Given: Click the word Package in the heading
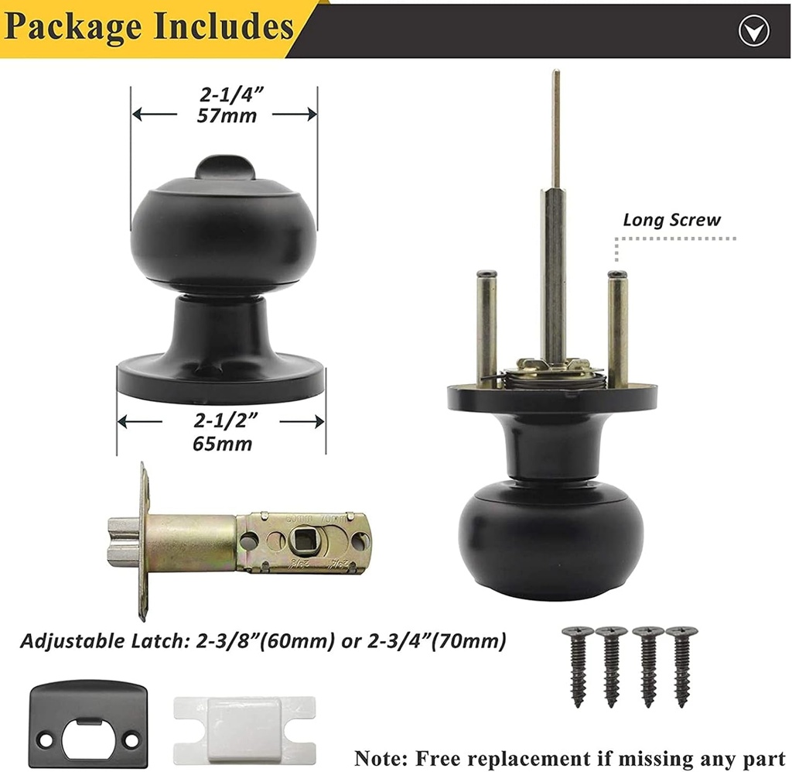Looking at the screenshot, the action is tap(73, 27).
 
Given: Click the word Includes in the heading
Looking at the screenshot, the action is tap(223, 25).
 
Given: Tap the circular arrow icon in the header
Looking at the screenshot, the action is tap(753, 31).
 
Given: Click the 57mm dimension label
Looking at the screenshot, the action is tap(227, 116).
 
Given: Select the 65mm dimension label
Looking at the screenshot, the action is tap(222, 444).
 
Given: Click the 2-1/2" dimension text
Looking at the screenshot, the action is tap(226, 420).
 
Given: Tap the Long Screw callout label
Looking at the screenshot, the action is tap(672, 220).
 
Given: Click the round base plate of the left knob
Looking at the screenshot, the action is tap(221, 382).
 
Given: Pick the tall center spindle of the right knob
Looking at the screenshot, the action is tap(554, 218).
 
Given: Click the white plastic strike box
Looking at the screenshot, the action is tap(244, 730).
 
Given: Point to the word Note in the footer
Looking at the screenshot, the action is tap(381, 759).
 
